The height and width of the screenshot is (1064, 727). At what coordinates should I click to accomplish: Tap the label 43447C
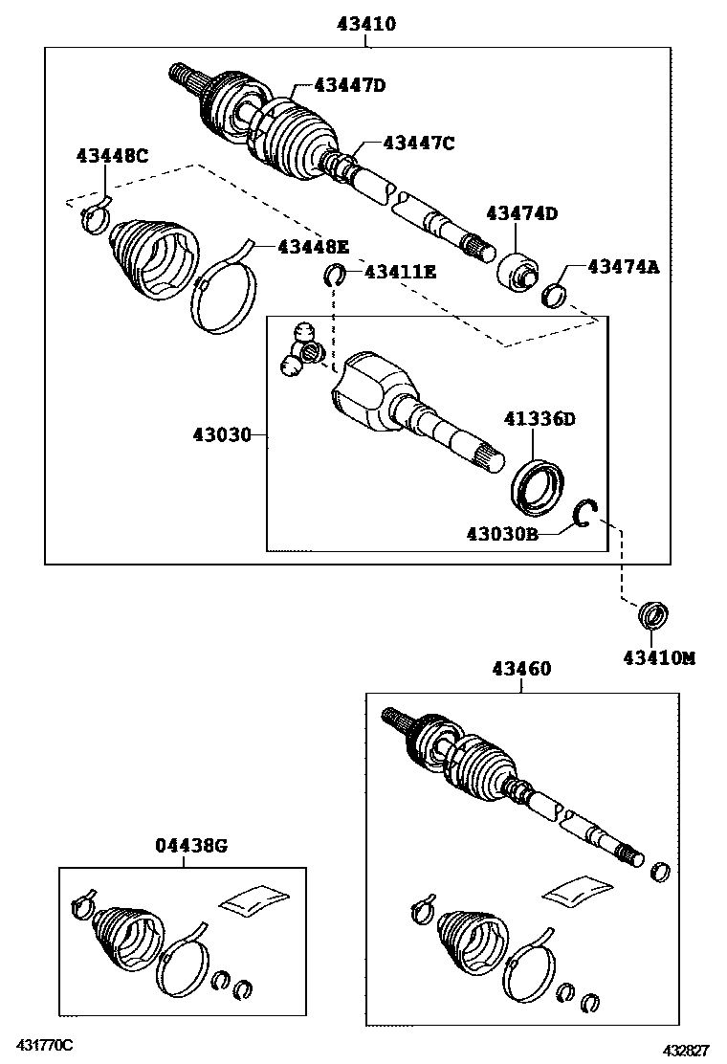tap(418, 143)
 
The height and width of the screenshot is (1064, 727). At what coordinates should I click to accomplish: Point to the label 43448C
tap(113, 156)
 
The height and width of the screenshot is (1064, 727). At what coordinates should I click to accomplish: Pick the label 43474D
tap(521, 213)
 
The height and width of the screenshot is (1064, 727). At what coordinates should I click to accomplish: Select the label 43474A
tap(624, 268)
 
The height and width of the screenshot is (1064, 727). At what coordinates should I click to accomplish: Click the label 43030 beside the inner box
tap(222, 435)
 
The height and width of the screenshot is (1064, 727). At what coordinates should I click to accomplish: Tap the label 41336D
tap(540, 418)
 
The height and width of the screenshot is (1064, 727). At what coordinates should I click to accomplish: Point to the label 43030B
tap(502, 533)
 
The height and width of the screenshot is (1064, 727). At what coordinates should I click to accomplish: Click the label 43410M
tap(658, 657)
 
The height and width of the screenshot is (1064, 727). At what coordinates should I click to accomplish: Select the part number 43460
tap(521, 669)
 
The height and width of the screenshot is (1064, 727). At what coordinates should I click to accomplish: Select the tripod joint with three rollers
tap(298, 350)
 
